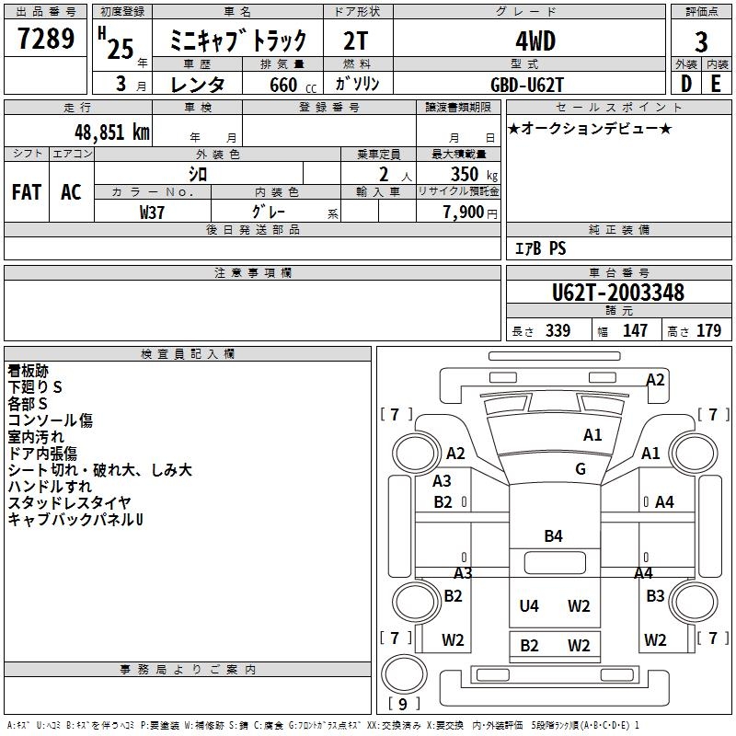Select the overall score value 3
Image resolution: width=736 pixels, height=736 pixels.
701,41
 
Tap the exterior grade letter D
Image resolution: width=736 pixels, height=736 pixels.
685,83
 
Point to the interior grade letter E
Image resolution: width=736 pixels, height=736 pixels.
716,83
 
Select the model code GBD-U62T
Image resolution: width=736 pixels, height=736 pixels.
528,84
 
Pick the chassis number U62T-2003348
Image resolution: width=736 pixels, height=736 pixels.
618,293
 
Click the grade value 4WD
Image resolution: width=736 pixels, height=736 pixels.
528,41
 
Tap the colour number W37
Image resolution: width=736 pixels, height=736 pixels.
152,212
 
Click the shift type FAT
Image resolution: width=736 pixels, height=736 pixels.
27,191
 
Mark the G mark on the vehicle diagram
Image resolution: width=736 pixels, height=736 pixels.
581,469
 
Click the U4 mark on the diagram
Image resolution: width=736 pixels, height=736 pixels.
529,605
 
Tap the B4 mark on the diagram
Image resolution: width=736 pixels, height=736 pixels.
553,536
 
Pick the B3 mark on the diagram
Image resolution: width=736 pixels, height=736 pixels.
655,596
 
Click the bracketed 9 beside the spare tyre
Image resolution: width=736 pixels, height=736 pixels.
402,705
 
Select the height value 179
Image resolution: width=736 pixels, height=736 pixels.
709,331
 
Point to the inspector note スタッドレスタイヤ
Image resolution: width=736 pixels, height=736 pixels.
69,503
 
